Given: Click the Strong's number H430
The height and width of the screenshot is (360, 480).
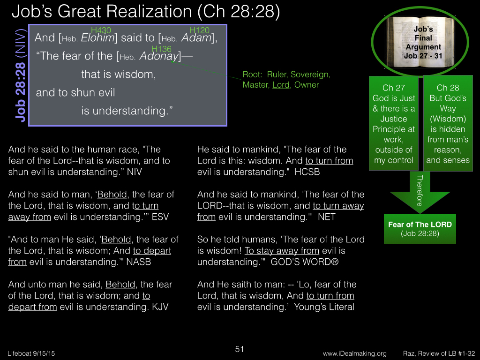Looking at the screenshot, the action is pos(101,30).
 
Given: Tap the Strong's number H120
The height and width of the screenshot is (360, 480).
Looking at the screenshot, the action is pos(199,30).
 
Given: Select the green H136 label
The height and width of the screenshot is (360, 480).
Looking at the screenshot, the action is pos(161,49).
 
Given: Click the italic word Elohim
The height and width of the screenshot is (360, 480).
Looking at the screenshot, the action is pos(97,38).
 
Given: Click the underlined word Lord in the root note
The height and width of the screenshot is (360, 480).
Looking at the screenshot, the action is pos(281,85).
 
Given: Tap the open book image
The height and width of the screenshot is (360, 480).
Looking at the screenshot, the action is pos(420,42).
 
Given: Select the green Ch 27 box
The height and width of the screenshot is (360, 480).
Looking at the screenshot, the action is pos(394,123).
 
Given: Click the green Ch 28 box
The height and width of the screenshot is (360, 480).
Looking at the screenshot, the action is pos(448,123).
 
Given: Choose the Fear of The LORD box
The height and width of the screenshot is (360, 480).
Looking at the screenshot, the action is pos(420,229).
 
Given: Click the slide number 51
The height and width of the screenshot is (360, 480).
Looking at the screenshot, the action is pos(240,349).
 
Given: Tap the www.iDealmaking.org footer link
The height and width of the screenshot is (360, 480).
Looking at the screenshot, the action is pos(354,353).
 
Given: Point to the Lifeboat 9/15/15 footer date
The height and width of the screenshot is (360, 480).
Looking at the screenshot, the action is pos(31,353).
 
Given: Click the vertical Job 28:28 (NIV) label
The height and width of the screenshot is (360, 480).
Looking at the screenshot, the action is pos(20,75).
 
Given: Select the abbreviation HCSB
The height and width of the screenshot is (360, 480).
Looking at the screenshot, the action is pos(307,172).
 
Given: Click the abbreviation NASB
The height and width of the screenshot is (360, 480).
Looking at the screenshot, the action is pos(139,262).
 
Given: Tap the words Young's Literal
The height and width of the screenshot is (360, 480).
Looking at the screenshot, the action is pos(324,307).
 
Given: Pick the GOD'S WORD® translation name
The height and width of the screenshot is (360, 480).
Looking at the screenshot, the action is pos(305,262).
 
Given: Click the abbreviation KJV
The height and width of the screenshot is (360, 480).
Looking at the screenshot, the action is pos(160,307).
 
